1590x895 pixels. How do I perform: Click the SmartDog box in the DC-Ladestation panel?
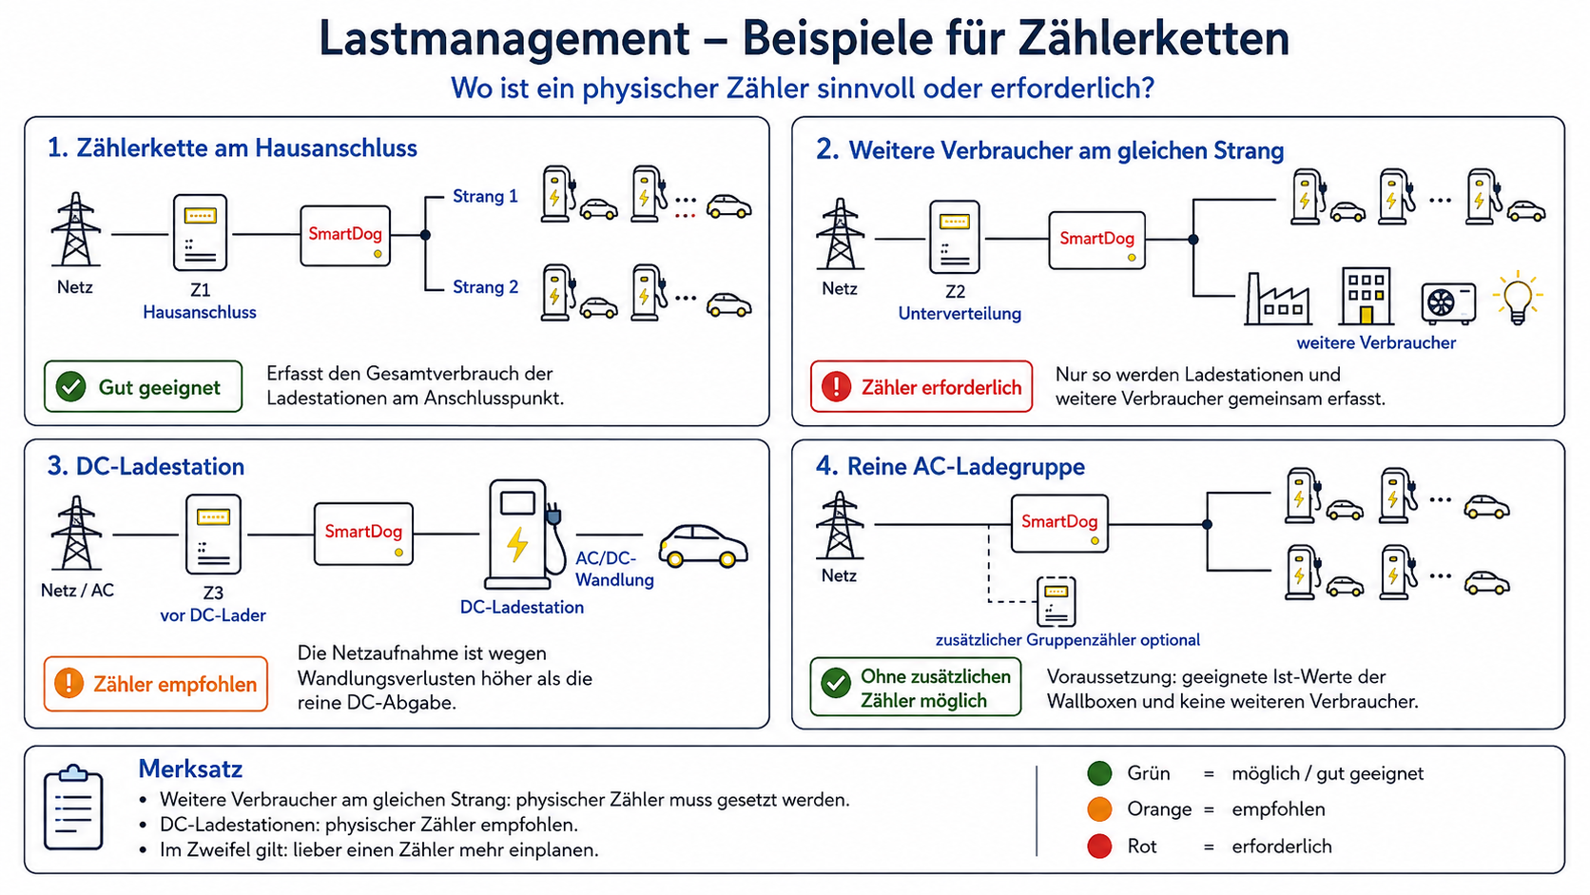[363, 534]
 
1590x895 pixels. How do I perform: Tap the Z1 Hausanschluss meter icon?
[200, 233]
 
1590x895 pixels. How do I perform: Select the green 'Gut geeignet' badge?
[143, 387]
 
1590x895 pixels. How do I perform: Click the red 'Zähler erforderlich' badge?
[921, 387]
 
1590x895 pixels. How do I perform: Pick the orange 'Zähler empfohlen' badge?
[155, 684]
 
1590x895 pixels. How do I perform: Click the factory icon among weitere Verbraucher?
[1278, 299]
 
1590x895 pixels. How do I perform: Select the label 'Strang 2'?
[486, 287]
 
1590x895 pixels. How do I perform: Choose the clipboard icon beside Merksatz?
[73, 807]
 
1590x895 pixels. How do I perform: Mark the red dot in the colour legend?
[1099, 846]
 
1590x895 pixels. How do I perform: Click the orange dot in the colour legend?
[1099, 809]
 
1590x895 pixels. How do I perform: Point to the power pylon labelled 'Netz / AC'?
[76, 534]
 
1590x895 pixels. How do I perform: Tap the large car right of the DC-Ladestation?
[703, 546]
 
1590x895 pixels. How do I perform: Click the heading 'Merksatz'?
[190, 769]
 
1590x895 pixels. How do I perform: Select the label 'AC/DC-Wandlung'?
[614, 569]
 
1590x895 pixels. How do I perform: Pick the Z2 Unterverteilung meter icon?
[955, 237]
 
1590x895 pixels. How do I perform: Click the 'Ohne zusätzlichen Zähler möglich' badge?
[916, 687]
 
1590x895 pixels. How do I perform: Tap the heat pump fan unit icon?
[1448, 302]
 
